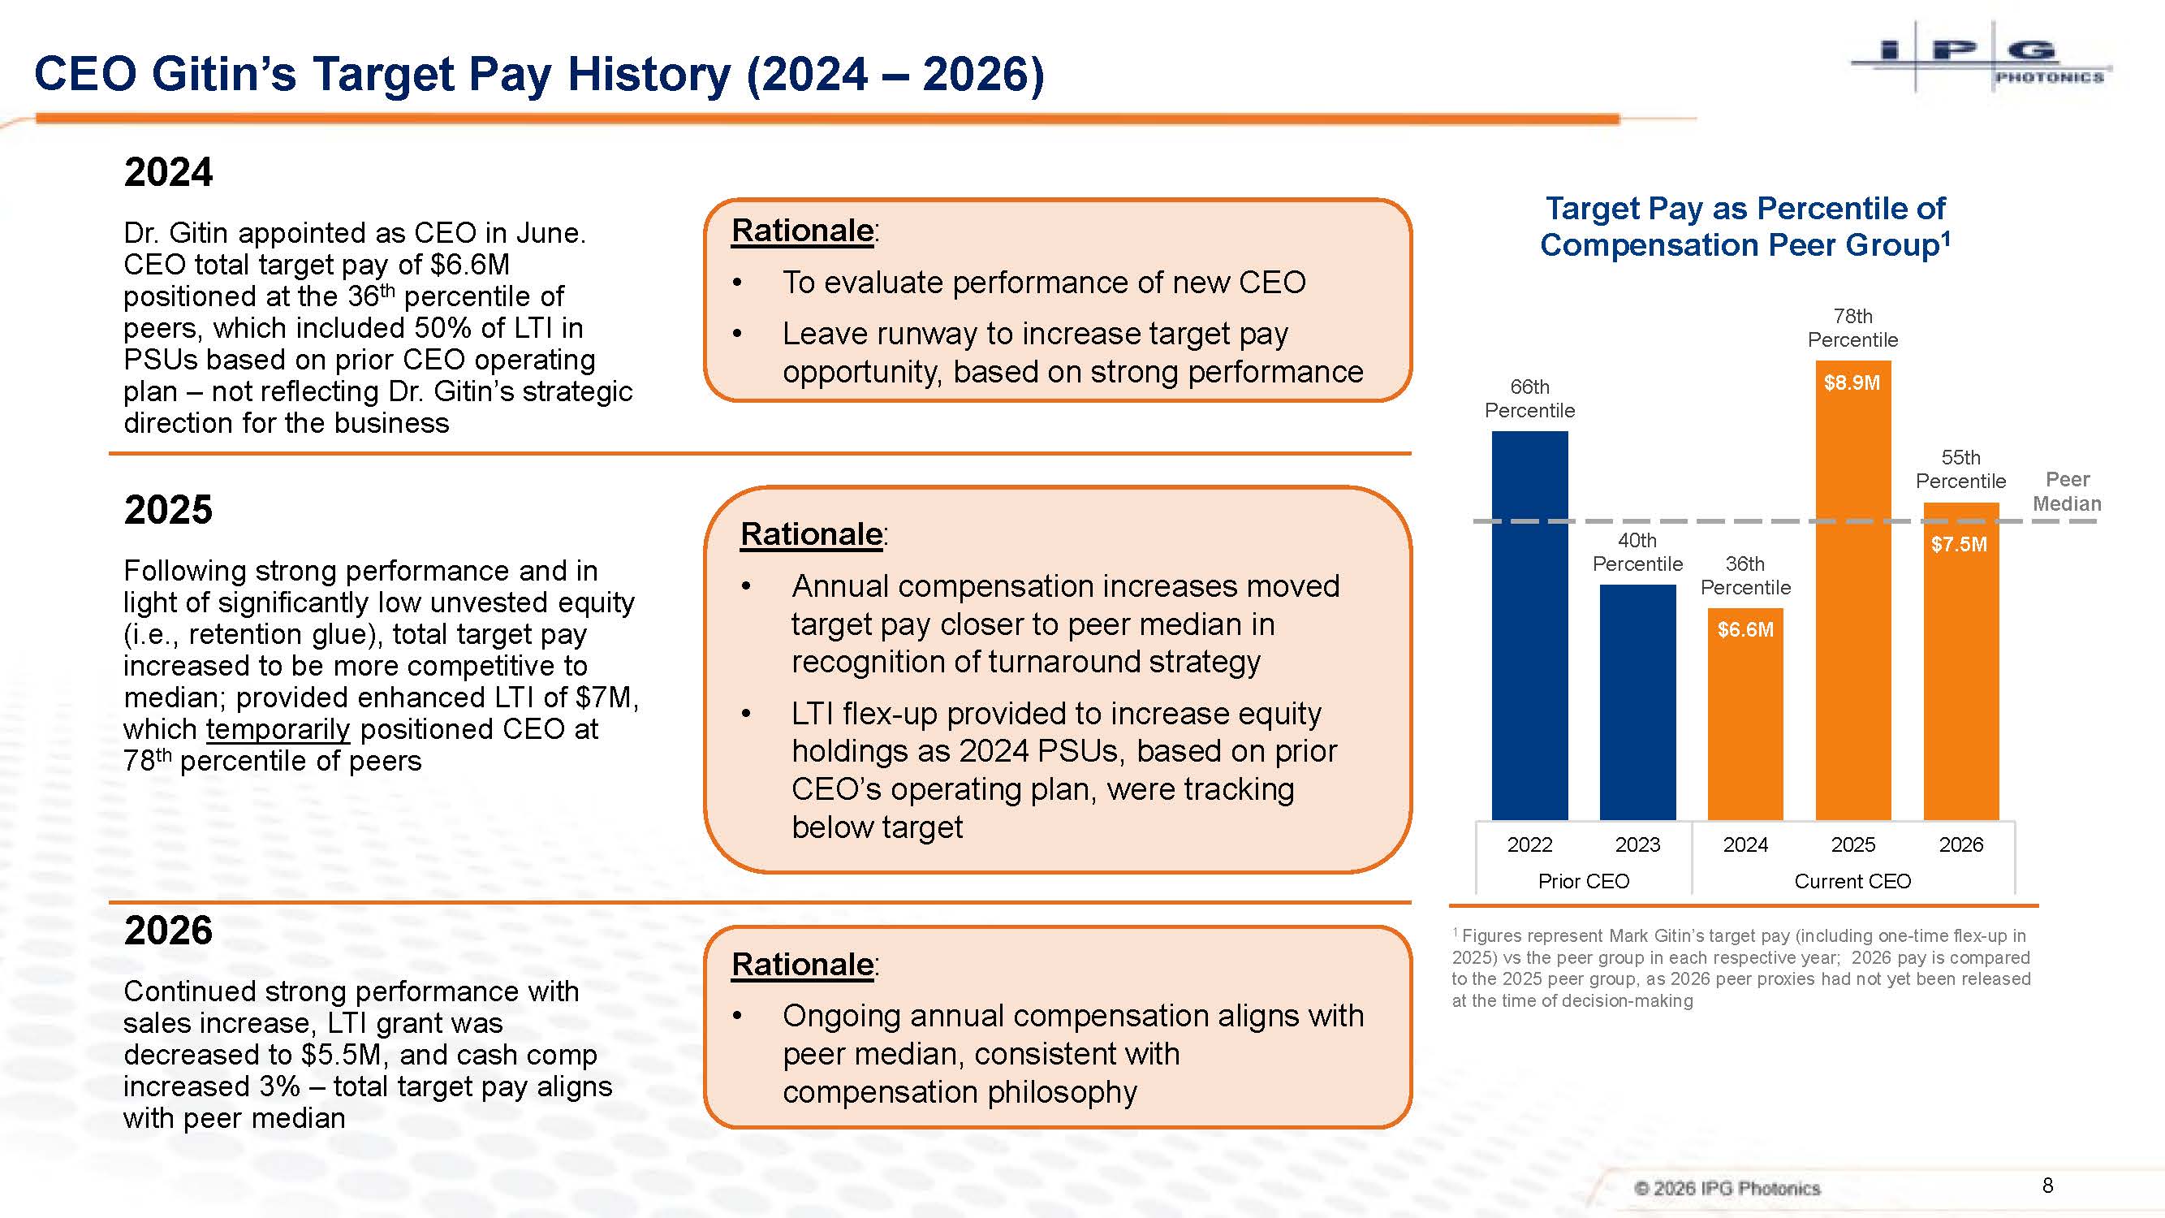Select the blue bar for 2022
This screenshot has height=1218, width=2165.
(1529, 625)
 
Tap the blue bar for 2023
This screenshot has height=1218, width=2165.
(1637, 702)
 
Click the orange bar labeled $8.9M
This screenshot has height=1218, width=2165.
(1853, 590)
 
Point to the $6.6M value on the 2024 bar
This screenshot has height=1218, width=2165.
(1745, 629)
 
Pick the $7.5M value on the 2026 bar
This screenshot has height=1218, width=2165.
(1959, 544)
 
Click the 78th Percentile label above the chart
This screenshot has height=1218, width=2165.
(1853, 328)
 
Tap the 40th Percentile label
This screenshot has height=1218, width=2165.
(1637, 551)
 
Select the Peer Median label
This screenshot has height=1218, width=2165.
(2067, 491)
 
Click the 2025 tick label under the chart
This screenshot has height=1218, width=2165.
(1853, 844)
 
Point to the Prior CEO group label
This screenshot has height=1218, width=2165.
(1584, 881)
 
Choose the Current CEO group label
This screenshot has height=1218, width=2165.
(1852, 881)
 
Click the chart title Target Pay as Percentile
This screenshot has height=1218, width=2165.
(1745, 226)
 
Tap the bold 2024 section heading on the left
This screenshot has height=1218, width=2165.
(168, 172)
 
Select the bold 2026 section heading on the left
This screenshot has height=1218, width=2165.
(168, 931)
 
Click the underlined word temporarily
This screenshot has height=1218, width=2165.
(278, 730)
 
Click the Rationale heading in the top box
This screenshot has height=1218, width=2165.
(803, 231)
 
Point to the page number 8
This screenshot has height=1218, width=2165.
(2047, 1186)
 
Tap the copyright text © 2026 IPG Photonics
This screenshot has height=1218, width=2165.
(1727, 1188)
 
